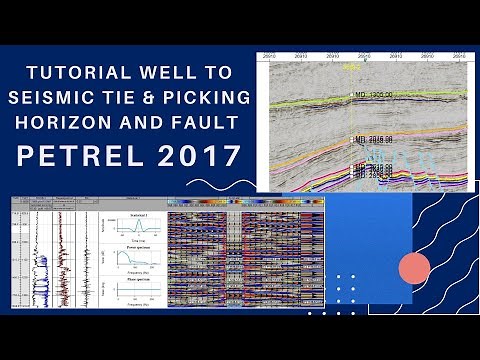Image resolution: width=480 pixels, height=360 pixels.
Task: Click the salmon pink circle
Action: (414, 268)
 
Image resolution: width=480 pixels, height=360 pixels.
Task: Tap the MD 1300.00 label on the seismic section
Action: (371, 95)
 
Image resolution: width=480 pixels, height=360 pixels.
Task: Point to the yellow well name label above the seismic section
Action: (349, 68)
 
